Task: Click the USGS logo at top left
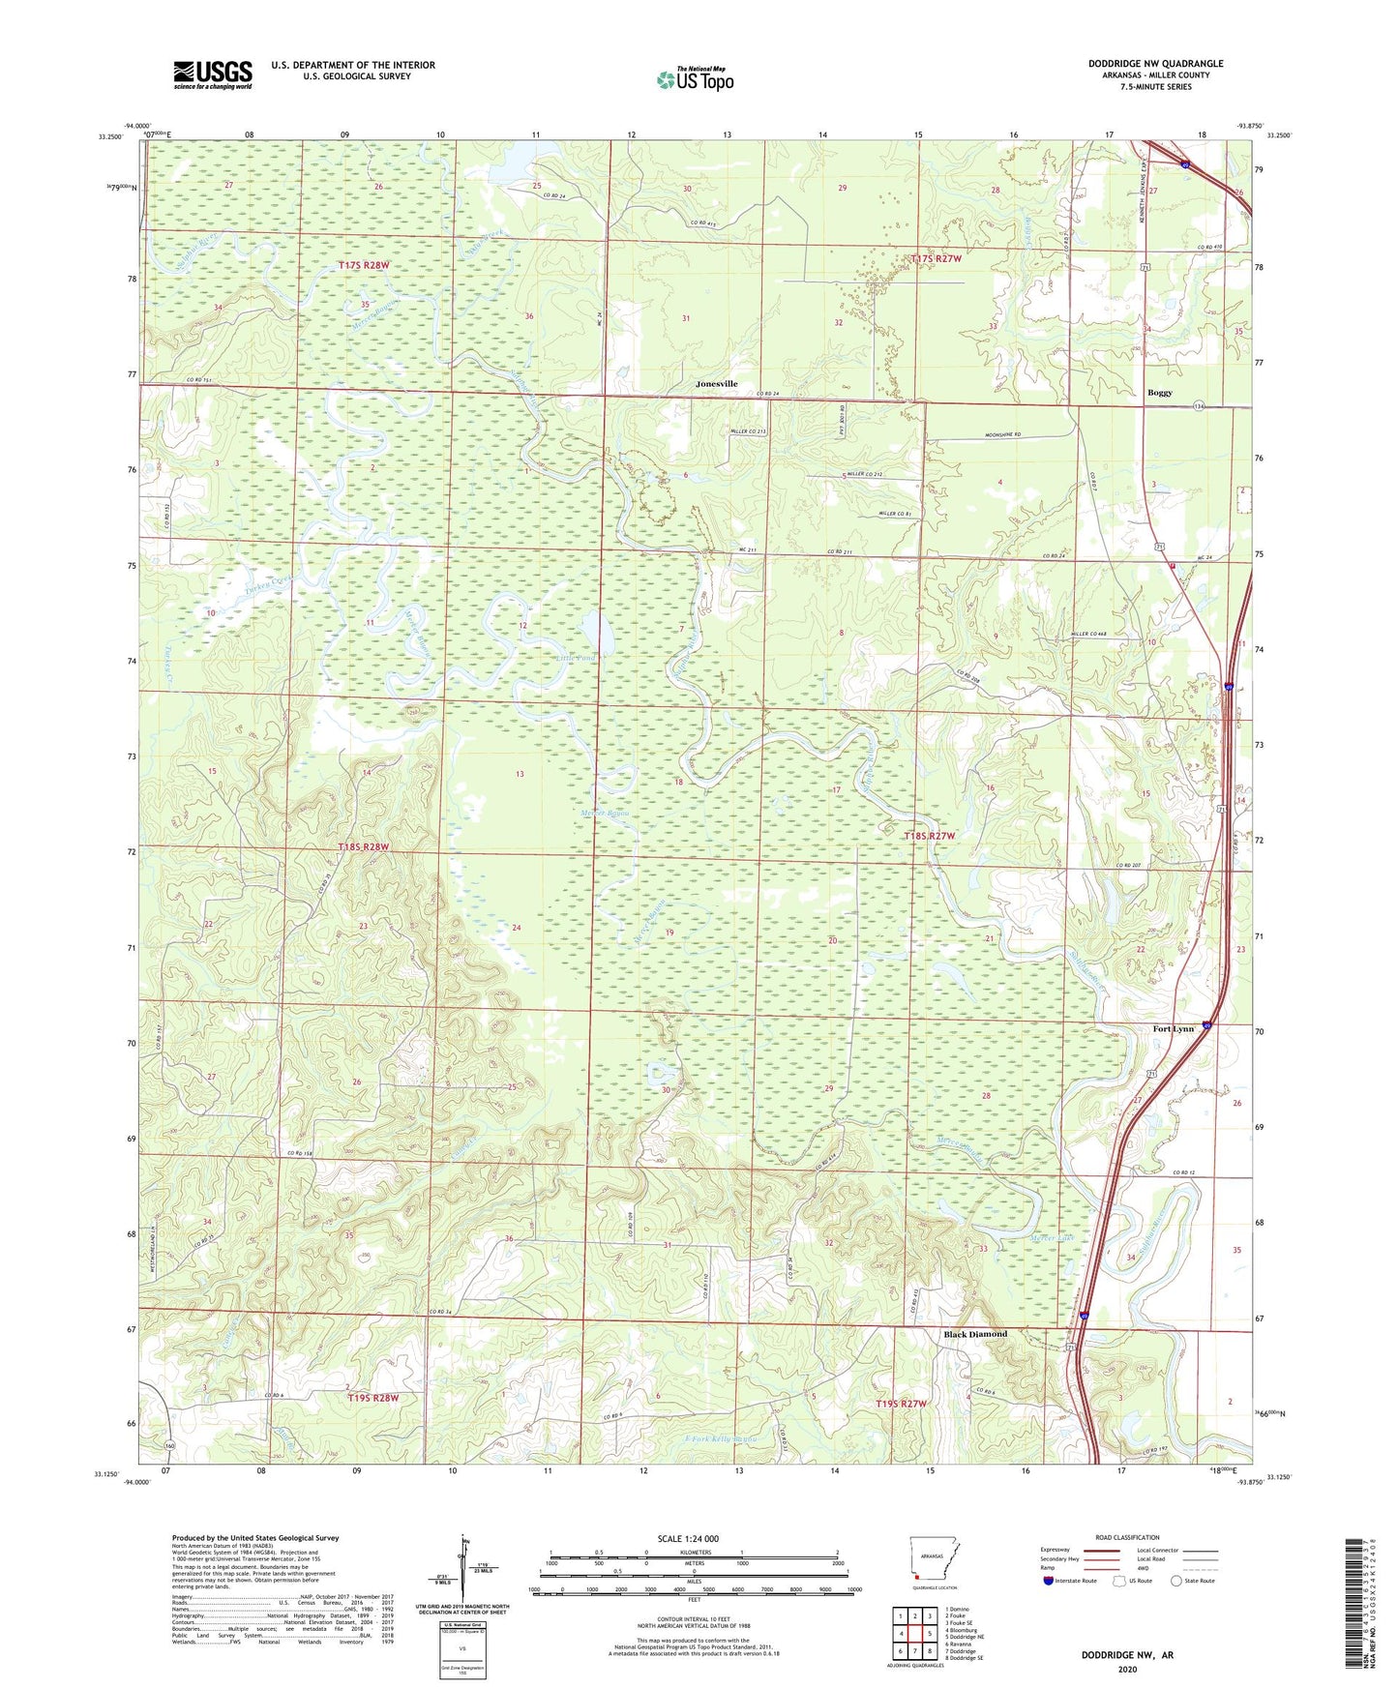[x=212, y=74]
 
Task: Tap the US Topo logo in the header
[x=695, y=79]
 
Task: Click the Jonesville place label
[x=716, y=384]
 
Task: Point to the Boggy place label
[x=1159, y=393]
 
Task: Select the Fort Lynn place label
[x=1173, y=1028]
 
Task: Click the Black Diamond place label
[x=974, y=1334]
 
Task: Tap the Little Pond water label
[x=575, y=659]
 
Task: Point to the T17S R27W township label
[x=936, y=258]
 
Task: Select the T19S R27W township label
[x=901, y=1403]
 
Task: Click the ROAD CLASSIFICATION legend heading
[x=1127, y=1537]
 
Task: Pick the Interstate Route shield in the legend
[x=1049, y=1581]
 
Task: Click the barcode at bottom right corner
[x=1355, y=1606]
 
